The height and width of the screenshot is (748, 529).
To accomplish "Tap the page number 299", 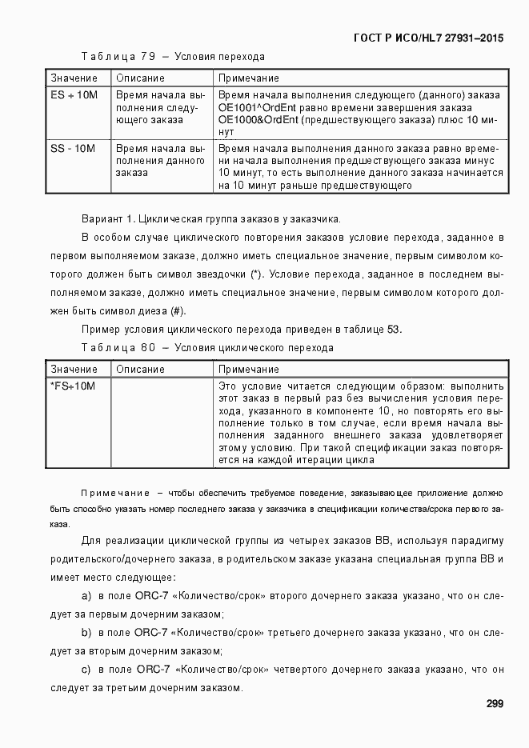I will click(494, 704).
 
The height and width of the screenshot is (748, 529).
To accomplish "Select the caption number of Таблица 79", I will click(147, 57).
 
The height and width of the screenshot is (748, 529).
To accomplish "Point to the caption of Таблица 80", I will click(207, 348).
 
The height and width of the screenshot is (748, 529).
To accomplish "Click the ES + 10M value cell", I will click(74, 95).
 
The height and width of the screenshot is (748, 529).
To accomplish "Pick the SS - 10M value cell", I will click(72, 149).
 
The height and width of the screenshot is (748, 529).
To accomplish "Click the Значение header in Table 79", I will click(74, 78).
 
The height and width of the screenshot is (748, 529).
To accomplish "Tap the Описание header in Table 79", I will click(140, 78).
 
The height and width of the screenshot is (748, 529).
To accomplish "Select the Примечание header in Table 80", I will click(248, 370).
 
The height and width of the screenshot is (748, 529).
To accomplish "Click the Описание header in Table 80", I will click(140, 370).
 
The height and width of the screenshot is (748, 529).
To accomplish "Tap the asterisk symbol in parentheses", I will click(255, 274).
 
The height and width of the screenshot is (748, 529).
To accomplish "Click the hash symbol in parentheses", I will click(178, 311).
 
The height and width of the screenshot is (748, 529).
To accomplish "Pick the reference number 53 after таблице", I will click(395, 330).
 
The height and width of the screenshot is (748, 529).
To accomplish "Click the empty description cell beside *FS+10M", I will click(161, 422).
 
